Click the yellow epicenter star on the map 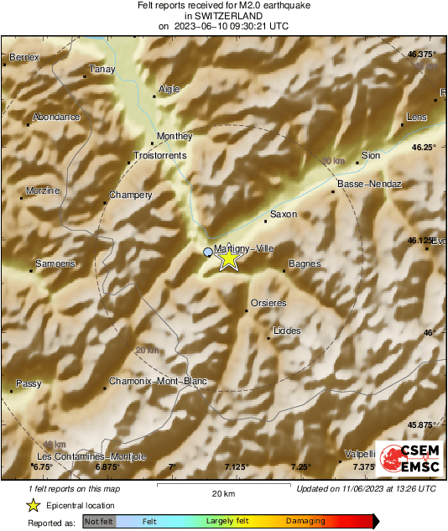coord(228,259)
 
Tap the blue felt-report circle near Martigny coord(208,252)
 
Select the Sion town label coord(370,155)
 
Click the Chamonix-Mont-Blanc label coord(159,382)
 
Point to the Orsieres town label coord(268,303)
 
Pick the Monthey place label coord(175,136)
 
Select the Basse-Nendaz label coord(369,184)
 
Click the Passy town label coord(29,383)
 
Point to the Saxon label coord(284,214)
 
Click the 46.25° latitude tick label coord(423,147)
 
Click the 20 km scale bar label coord(222,492)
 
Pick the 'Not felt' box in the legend coord(100,521)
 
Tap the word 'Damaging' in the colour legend coord(305,521)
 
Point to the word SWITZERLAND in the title coord(223,15)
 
